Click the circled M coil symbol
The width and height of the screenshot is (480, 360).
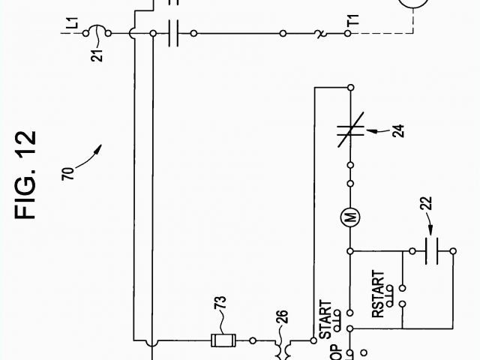coord(350,218)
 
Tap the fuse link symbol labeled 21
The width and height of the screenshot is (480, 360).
coord(98,33)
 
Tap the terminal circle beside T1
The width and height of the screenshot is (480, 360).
coord(349,34)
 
